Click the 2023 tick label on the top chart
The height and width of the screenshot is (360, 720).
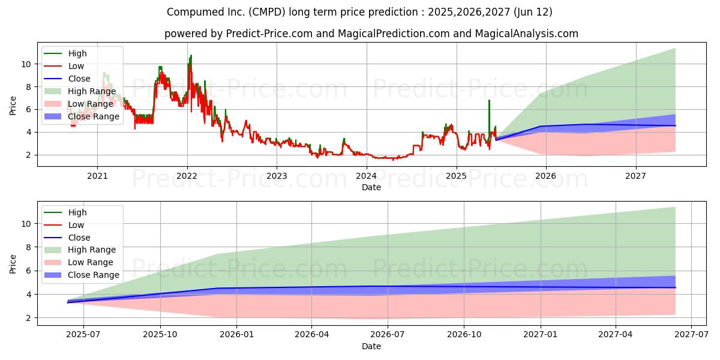click(x=277, y=176)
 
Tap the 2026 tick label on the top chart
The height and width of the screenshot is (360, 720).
click(x=545, y=176)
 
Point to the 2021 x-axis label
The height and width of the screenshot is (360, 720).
click(x=97, y=176)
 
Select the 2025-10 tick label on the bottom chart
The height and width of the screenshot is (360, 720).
click(x=160, y=335)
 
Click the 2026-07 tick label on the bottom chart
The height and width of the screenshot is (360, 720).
click(x=388, y=335)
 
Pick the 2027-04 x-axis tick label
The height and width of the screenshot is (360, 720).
click(x=615, y=335)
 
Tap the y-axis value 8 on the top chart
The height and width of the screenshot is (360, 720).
click(x=28, y=87)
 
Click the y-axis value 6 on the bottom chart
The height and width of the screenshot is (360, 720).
click(x=28, y=271)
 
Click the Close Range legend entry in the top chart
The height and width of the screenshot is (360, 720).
click(x=82, y=116)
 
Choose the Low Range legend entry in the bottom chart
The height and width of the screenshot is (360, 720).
click(x=79, y=262)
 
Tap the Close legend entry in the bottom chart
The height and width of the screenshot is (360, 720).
click(x=67, y=238)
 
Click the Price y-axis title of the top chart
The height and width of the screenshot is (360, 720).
click(x=13, y=106)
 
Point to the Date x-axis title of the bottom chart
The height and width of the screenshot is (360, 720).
click(x=371, y=346)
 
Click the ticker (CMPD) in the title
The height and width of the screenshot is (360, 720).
click(x=267, y=12)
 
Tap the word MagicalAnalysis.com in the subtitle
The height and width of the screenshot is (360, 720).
click(x=527, y=34)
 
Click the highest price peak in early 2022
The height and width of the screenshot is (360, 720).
click(x=191, y=55)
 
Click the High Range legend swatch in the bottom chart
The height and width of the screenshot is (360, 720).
click(x=52, y=250)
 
